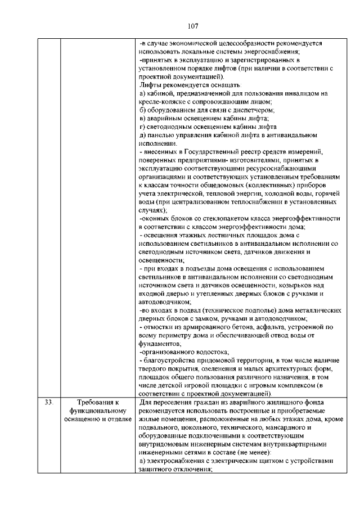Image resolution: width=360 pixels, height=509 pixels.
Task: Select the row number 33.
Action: click(48, 402)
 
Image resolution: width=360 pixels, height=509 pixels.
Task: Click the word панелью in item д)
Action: click(163, 135)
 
